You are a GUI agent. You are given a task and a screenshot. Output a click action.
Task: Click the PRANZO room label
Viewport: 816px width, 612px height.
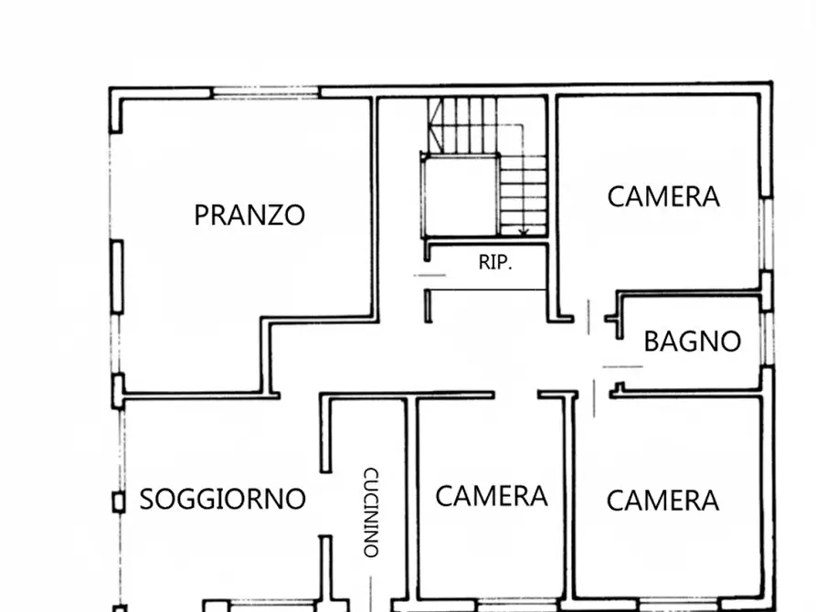(x=249, y=216)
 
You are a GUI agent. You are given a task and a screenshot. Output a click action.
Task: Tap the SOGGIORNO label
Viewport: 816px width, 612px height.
(x=222, y=500)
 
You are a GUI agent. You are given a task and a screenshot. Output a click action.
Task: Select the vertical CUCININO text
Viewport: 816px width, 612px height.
(x=370, y=512)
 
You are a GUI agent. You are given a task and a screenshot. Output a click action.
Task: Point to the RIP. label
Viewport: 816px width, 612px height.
(x=496, y=263)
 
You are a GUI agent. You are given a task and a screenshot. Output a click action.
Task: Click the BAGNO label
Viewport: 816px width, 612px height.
(x=692, y=342)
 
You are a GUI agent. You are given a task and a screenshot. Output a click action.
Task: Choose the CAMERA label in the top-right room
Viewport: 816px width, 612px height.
(x=663, y=196)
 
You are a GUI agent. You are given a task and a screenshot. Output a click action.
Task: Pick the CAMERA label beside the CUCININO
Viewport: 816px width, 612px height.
(x=491, y=496)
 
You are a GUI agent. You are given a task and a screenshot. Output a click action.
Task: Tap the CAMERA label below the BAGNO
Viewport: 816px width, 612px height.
(x=662, y=501)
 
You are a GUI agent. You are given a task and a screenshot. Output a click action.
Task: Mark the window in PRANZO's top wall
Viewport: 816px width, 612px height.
(x=266, y=92)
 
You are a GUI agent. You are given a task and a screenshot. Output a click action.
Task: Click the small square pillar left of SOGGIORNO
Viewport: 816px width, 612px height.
(x=118, y=501)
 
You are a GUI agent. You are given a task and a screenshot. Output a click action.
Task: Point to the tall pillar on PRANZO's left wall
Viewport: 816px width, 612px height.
(x=117, y=274)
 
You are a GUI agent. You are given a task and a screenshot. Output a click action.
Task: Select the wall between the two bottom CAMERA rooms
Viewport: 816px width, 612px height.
(x=570, y=502)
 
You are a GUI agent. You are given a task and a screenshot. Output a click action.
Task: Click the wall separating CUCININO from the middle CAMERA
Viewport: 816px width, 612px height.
(x=410, y=502)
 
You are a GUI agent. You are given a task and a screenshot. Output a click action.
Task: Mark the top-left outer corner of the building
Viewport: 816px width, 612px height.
(x=111, y=90)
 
